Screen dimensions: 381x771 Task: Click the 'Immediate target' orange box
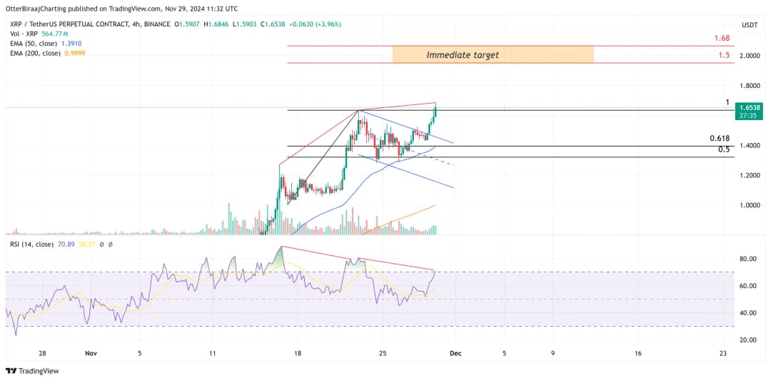[x=493, y=54]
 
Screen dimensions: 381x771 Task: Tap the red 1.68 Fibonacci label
[x=722, y=38]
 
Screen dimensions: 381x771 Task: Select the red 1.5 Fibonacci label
[x=725, y=55]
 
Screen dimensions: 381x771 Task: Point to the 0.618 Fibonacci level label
[x=720, y=138]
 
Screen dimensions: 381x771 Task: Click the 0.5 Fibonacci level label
[x=724, y=149]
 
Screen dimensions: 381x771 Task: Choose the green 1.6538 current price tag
[x=750, y=107]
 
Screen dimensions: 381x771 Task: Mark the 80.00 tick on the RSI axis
[x=748, y=259]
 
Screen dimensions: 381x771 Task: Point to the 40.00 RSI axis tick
[x=748, y=313]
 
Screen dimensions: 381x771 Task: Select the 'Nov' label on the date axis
[x=91, y=353]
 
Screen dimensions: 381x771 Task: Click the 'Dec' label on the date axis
[x=455, y=353]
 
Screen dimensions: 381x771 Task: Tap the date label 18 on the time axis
[x=298, y=353]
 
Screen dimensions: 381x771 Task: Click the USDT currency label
[x=750, y=24]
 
